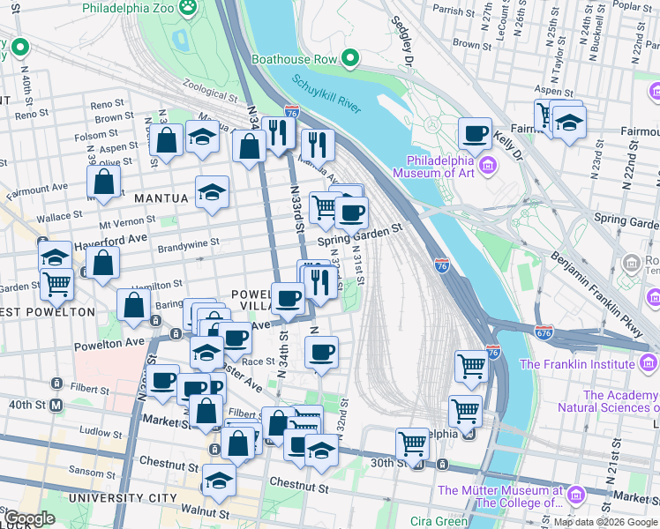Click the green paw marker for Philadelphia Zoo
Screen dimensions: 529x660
tap(188, 8)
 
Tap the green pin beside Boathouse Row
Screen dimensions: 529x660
tap(350, 59)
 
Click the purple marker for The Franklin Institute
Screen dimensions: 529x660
tap(649, 362)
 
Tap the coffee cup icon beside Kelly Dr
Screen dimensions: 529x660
tap(475, 134)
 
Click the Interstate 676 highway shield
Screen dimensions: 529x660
tap(543, 332)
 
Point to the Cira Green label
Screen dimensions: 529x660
tap(439, 521)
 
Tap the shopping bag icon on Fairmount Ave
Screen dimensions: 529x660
tap(104, 183)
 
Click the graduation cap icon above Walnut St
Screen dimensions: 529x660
tap(219, 481)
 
